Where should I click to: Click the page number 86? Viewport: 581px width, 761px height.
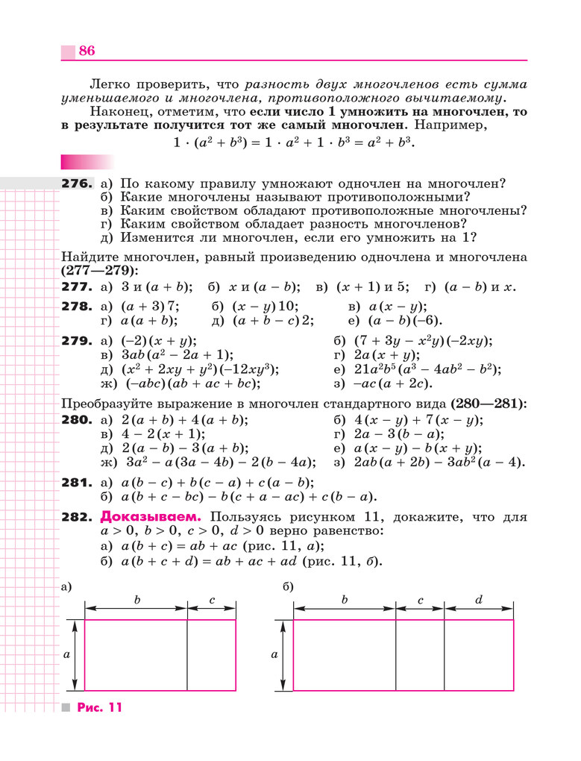[x=87, y=51]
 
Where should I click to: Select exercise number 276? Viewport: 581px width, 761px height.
[x=77, y=184]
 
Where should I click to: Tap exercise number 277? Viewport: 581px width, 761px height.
[x=77, y=286]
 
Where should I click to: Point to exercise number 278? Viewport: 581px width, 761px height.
[x=77, y=307]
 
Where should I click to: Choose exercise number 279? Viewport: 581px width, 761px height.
[x=77, y=341]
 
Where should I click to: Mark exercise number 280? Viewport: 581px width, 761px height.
[x=77, y=420]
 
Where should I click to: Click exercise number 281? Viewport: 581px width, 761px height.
[x=77, y=483]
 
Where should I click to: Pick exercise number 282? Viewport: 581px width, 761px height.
[x=77, y=517]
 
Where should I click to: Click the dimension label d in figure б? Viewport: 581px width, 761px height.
[x=479, y=599]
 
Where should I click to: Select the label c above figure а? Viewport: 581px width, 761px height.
[x=212, y=599]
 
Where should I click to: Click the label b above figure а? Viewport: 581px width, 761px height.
[x=136, y=599]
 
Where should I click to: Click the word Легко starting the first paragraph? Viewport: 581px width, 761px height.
[x=109, y=84]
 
